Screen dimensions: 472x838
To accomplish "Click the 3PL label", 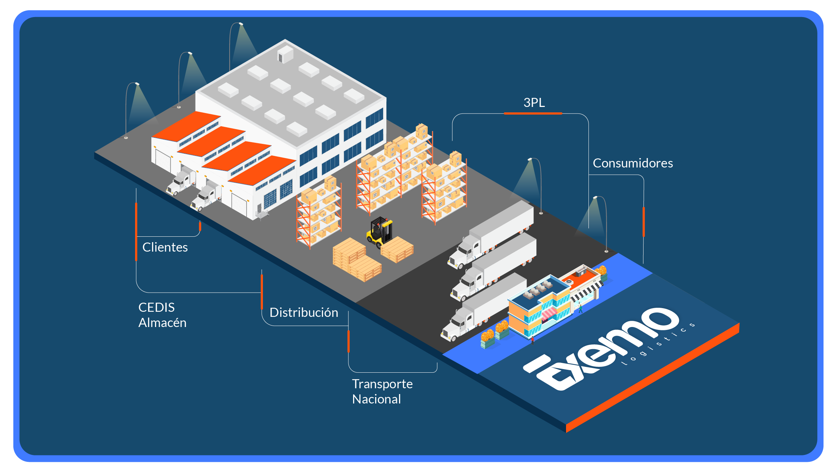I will [x=534, y=103].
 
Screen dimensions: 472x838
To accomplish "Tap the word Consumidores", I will [x=633, y=163].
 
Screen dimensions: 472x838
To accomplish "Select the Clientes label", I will [x=165, y=247].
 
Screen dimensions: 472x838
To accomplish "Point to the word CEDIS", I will [x=156, y=307].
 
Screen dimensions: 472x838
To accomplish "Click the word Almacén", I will [x=162, y=323].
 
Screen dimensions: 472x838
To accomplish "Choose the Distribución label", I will [x=303, y=312].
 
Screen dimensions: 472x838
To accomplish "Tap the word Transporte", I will [x=382, y=384].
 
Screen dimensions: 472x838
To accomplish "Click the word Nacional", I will [x=376, y=399].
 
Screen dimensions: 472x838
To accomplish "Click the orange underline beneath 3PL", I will [x=533, y=113].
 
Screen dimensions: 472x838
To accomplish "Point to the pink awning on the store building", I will [x=549, y=314].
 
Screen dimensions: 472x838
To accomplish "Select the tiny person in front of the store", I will [x=581, y=309].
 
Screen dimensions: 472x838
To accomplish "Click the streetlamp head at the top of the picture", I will [x=240, y=24].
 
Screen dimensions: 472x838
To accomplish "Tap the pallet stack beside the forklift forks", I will [x=397, y=249].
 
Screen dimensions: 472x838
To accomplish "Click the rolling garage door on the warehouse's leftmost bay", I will [x=163, y=160].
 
